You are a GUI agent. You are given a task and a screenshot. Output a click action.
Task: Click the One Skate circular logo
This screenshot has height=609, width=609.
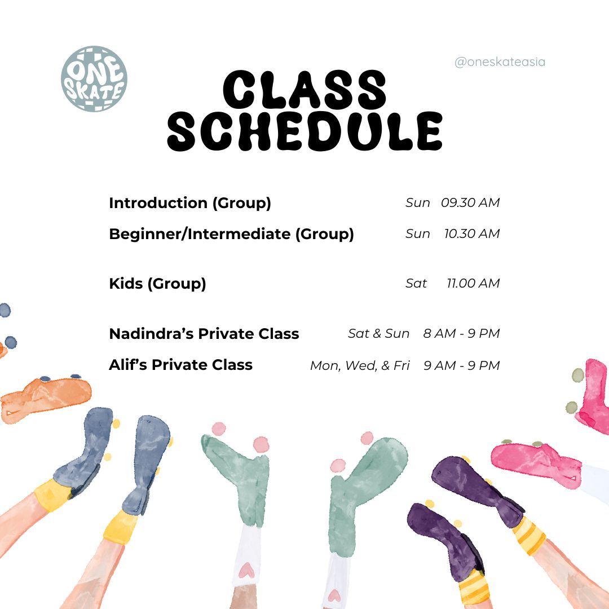pos(94,79)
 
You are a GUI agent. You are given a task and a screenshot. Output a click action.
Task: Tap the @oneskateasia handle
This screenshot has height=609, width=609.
pos(500,62)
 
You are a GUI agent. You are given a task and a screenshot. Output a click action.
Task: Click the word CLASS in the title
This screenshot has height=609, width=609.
pos(304,90)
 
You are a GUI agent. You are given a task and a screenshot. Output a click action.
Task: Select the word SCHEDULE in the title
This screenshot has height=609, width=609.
pos(305,131)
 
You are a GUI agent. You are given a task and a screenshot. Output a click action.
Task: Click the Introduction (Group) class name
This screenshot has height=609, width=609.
pos(190,203)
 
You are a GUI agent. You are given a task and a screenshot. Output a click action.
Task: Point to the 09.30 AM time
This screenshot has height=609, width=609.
pos(470,203)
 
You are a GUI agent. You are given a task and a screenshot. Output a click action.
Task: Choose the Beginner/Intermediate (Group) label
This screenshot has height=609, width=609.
pos(232,234)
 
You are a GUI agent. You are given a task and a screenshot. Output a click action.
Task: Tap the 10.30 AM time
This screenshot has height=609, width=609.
pos(472,234)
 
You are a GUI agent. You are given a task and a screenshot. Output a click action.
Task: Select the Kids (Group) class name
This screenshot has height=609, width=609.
pos(157,284)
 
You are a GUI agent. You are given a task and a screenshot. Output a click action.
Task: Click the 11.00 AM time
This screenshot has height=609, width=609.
pos(473,284)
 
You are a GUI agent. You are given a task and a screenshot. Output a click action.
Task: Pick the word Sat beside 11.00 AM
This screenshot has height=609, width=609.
pos(416,284)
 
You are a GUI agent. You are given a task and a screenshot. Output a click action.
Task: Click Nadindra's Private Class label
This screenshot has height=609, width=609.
pos(204,334)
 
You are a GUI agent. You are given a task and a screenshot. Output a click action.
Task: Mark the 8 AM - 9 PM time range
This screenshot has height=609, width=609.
pos(461,334)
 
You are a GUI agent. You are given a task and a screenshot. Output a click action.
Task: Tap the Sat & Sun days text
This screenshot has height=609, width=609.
pos(379,334)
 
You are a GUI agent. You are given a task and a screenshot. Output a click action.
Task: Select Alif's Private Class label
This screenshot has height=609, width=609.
pos(180,365)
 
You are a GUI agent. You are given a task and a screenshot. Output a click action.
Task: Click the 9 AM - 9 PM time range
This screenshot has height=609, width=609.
pos(462,365)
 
